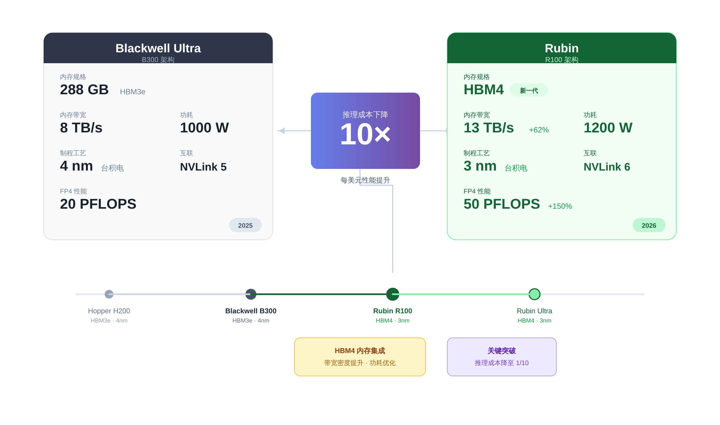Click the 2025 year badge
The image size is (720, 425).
(245, 225)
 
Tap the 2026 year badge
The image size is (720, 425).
(649, 225)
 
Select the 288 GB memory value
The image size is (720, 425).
(84, 90)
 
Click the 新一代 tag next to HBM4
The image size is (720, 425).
(529, 90)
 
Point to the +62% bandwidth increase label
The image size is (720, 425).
(539, 130)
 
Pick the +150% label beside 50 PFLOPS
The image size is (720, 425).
(560, 206)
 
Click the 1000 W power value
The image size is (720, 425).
(204, 128)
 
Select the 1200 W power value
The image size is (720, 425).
(608, 128)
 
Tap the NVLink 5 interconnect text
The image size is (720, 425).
(203, 167)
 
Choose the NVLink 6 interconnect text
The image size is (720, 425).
(607, 167)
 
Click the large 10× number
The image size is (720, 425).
(365, 134)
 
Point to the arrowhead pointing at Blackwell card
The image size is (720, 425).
(281, 131)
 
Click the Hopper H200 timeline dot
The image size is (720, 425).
(109, 294)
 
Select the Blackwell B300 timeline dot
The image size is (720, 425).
(251, 294)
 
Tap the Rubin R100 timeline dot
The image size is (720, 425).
(392, 294)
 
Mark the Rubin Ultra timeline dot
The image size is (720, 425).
(534, 294)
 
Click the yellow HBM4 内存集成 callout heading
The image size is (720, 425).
(360, 351)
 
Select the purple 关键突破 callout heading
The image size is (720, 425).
(502, 351)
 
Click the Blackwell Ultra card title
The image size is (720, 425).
(158, 48)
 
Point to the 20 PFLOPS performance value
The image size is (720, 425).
(98, 204)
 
